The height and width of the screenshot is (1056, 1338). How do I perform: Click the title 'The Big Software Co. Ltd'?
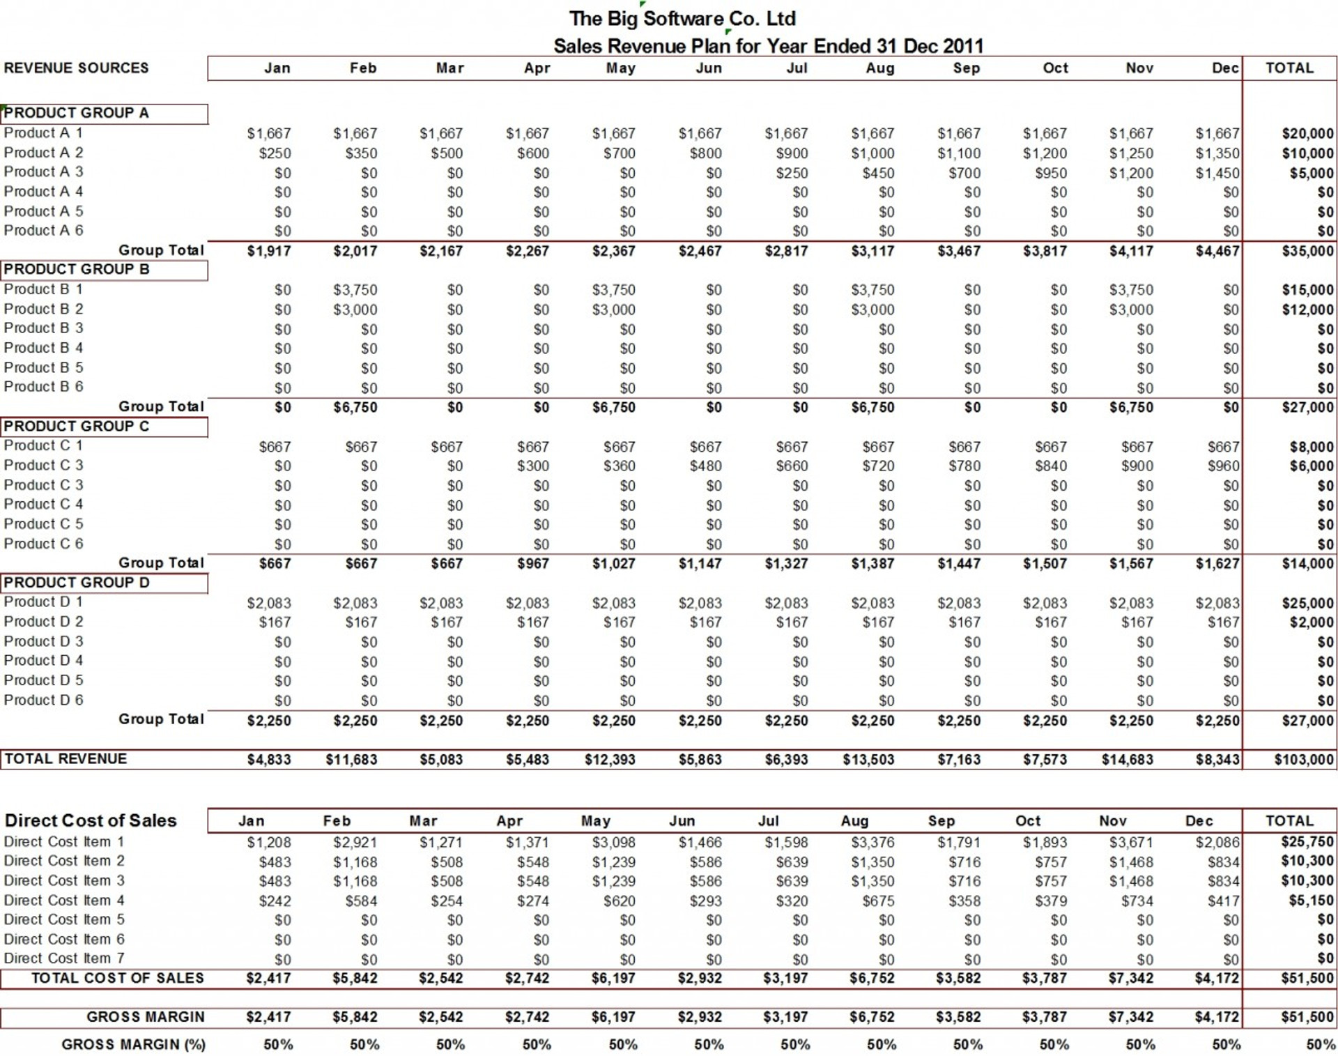(682, 19)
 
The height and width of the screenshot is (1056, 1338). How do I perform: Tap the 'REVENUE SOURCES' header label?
(76, 68)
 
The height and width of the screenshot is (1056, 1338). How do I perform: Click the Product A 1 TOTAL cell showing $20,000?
(1307, 134)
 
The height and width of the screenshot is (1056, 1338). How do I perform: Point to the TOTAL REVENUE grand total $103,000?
(1303, 760)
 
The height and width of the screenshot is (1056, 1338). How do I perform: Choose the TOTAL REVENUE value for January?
(269, 760)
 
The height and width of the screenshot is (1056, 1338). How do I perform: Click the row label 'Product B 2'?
(43, 309)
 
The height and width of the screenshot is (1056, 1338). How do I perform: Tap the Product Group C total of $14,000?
(1307, 564)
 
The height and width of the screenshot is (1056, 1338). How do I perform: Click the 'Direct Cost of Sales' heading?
(91, 820)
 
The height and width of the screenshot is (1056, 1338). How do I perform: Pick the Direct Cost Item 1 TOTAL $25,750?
(1307, 842)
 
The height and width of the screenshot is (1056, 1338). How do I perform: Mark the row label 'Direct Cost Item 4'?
(64, 901)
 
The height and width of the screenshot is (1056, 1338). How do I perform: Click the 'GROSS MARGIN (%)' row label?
(133, 1044)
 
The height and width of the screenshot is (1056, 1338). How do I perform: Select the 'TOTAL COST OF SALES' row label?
(117, 979)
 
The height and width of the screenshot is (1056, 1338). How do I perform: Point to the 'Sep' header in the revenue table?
(966, 68)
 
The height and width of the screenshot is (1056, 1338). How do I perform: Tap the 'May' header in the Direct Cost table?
(595, 821)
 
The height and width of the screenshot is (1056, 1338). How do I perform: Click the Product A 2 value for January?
(275, 153)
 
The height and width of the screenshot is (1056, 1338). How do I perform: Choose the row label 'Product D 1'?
(43, 602)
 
